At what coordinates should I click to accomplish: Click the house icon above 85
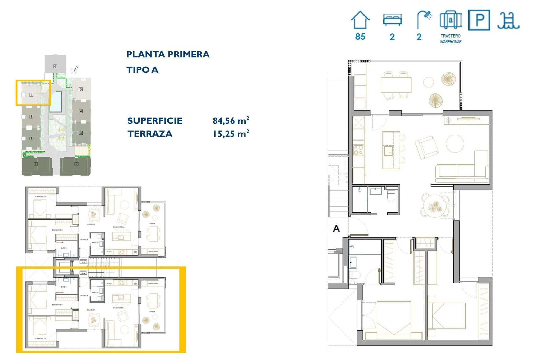(x=360, y=20)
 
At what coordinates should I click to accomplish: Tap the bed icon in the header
(x=392, y=20)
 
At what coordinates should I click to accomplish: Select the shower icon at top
(x=424, y=19)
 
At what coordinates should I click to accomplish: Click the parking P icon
(x=479, y=20)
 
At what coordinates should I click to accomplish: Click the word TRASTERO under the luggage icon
(x=451, y=36)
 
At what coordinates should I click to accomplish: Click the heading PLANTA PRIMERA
(x=168, y=54)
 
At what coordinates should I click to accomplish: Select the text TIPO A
(x=142, y=70)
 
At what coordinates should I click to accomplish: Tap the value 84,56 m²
(x=231, y=121)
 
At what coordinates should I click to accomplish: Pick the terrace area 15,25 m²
(x=231, y=134)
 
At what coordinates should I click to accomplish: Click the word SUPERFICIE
(x=155, y=121)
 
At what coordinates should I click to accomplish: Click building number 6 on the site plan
(x=55, y=66)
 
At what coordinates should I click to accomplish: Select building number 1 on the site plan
(x=36, y=164)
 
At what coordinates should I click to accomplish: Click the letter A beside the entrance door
(x=336, y=229)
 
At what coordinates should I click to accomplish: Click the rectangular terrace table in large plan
(x=396, y=84)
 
